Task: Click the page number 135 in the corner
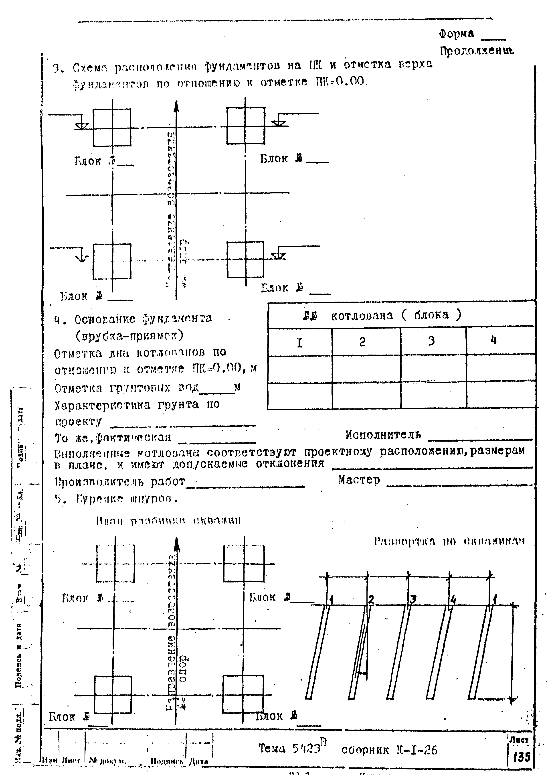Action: point(521,757)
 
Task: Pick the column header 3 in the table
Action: point(431,341)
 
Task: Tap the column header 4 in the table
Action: point(494,340)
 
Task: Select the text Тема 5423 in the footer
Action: point(290,748)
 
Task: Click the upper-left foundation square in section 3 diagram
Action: point(112,128)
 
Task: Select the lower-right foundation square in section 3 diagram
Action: point(245,260)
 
